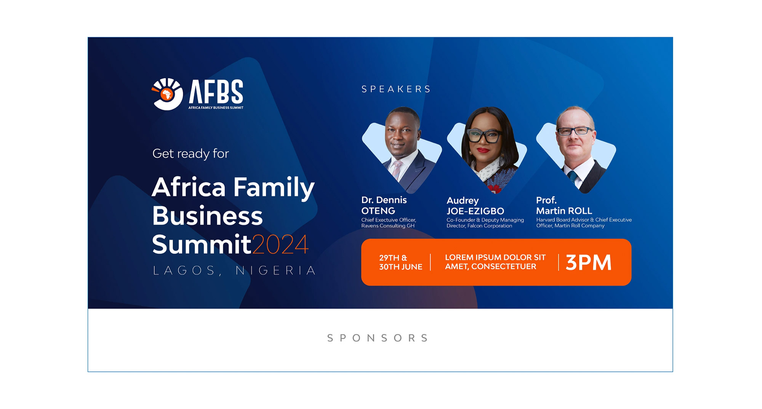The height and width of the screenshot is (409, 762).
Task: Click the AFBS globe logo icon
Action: click(x=167, y=94)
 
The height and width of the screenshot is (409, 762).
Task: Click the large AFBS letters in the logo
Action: click(x=216, y=91)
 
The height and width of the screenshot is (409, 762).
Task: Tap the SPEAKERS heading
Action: click(x=396, y=89)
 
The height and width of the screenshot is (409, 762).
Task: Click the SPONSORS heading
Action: click(x=378, y=338)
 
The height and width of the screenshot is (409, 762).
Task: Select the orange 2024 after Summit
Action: click(x=280, y=244)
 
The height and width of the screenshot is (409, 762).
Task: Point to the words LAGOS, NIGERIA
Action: click(x=234, y=270)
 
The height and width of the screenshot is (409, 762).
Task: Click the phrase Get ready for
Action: click(x=190, y=153)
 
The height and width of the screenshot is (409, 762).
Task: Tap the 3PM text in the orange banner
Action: click(x=588, y=262)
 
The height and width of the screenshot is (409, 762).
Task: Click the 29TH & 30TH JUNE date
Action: click(x=400, y=262)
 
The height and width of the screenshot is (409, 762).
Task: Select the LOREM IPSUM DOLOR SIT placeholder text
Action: click(x=495, y=257)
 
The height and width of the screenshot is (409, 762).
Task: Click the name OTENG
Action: click(x=378, y=211)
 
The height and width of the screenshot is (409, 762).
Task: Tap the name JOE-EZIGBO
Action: click(x=475, y=211)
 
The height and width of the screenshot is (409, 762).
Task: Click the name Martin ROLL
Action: click(x=564, y=211)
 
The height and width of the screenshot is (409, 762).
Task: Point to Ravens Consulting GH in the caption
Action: click(x=387, y=226)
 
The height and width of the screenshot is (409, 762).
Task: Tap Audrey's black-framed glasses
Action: click(x=484, y=136)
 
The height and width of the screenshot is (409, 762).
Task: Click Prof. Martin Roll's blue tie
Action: click(x=572, y=176)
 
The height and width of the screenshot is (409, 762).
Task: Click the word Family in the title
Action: click(x=274, y=187)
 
